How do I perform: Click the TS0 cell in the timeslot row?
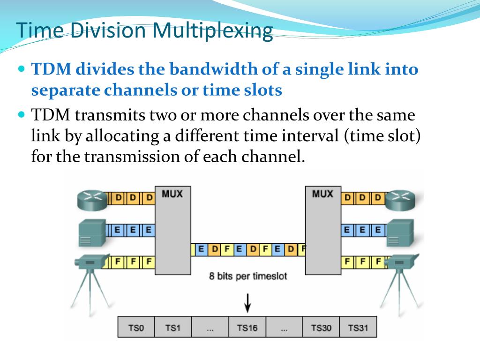[135, 328]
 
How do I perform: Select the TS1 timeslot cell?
[172, 328]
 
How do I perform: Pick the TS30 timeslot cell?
[321, 328]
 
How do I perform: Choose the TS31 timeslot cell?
[358, 328]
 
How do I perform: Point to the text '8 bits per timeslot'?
[248, 276]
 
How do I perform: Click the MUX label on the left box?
[172, 193]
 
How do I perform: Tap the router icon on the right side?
[402, 200]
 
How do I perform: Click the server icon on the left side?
[92, 232]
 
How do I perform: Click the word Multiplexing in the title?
[213, 31]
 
